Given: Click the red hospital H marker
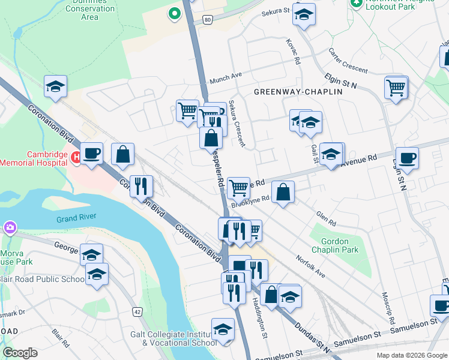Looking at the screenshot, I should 76,158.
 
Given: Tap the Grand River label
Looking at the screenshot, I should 76,217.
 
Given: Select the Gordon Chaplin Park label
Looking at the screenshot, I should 331,245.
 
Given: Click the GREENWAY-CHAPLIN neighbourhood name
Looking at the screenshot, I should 298,92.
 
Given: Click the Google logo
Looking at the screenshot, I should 20,353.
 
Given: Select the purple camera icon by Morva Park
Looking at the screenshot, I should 10,227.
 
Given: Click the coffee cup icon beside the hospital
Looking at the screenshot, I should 92,154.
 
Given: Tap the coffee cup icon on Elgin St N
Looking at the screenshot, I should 407,158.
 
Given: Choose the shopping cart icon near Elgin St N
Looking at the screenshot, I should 396,88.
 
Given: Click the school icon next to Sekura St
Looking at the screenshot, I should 304,14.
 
